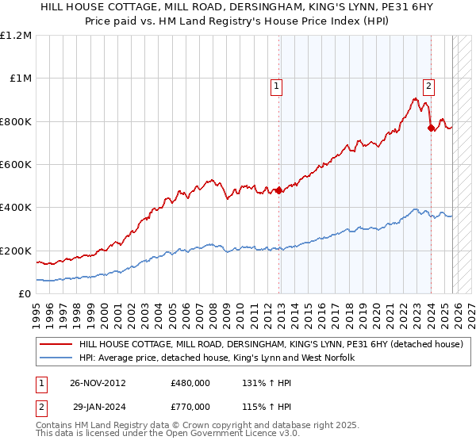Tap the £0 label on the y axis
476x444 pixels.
coord(25,294)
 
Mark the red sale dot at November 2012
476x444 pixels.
coord(278,190)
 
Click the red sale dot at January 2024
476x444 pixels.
coord(430,128)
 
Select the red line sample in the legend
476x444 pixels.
coord(56,345)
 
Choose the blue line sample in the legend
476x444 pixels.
coord(56,358)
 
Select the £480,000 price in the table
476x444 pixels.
coord(190,383)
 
